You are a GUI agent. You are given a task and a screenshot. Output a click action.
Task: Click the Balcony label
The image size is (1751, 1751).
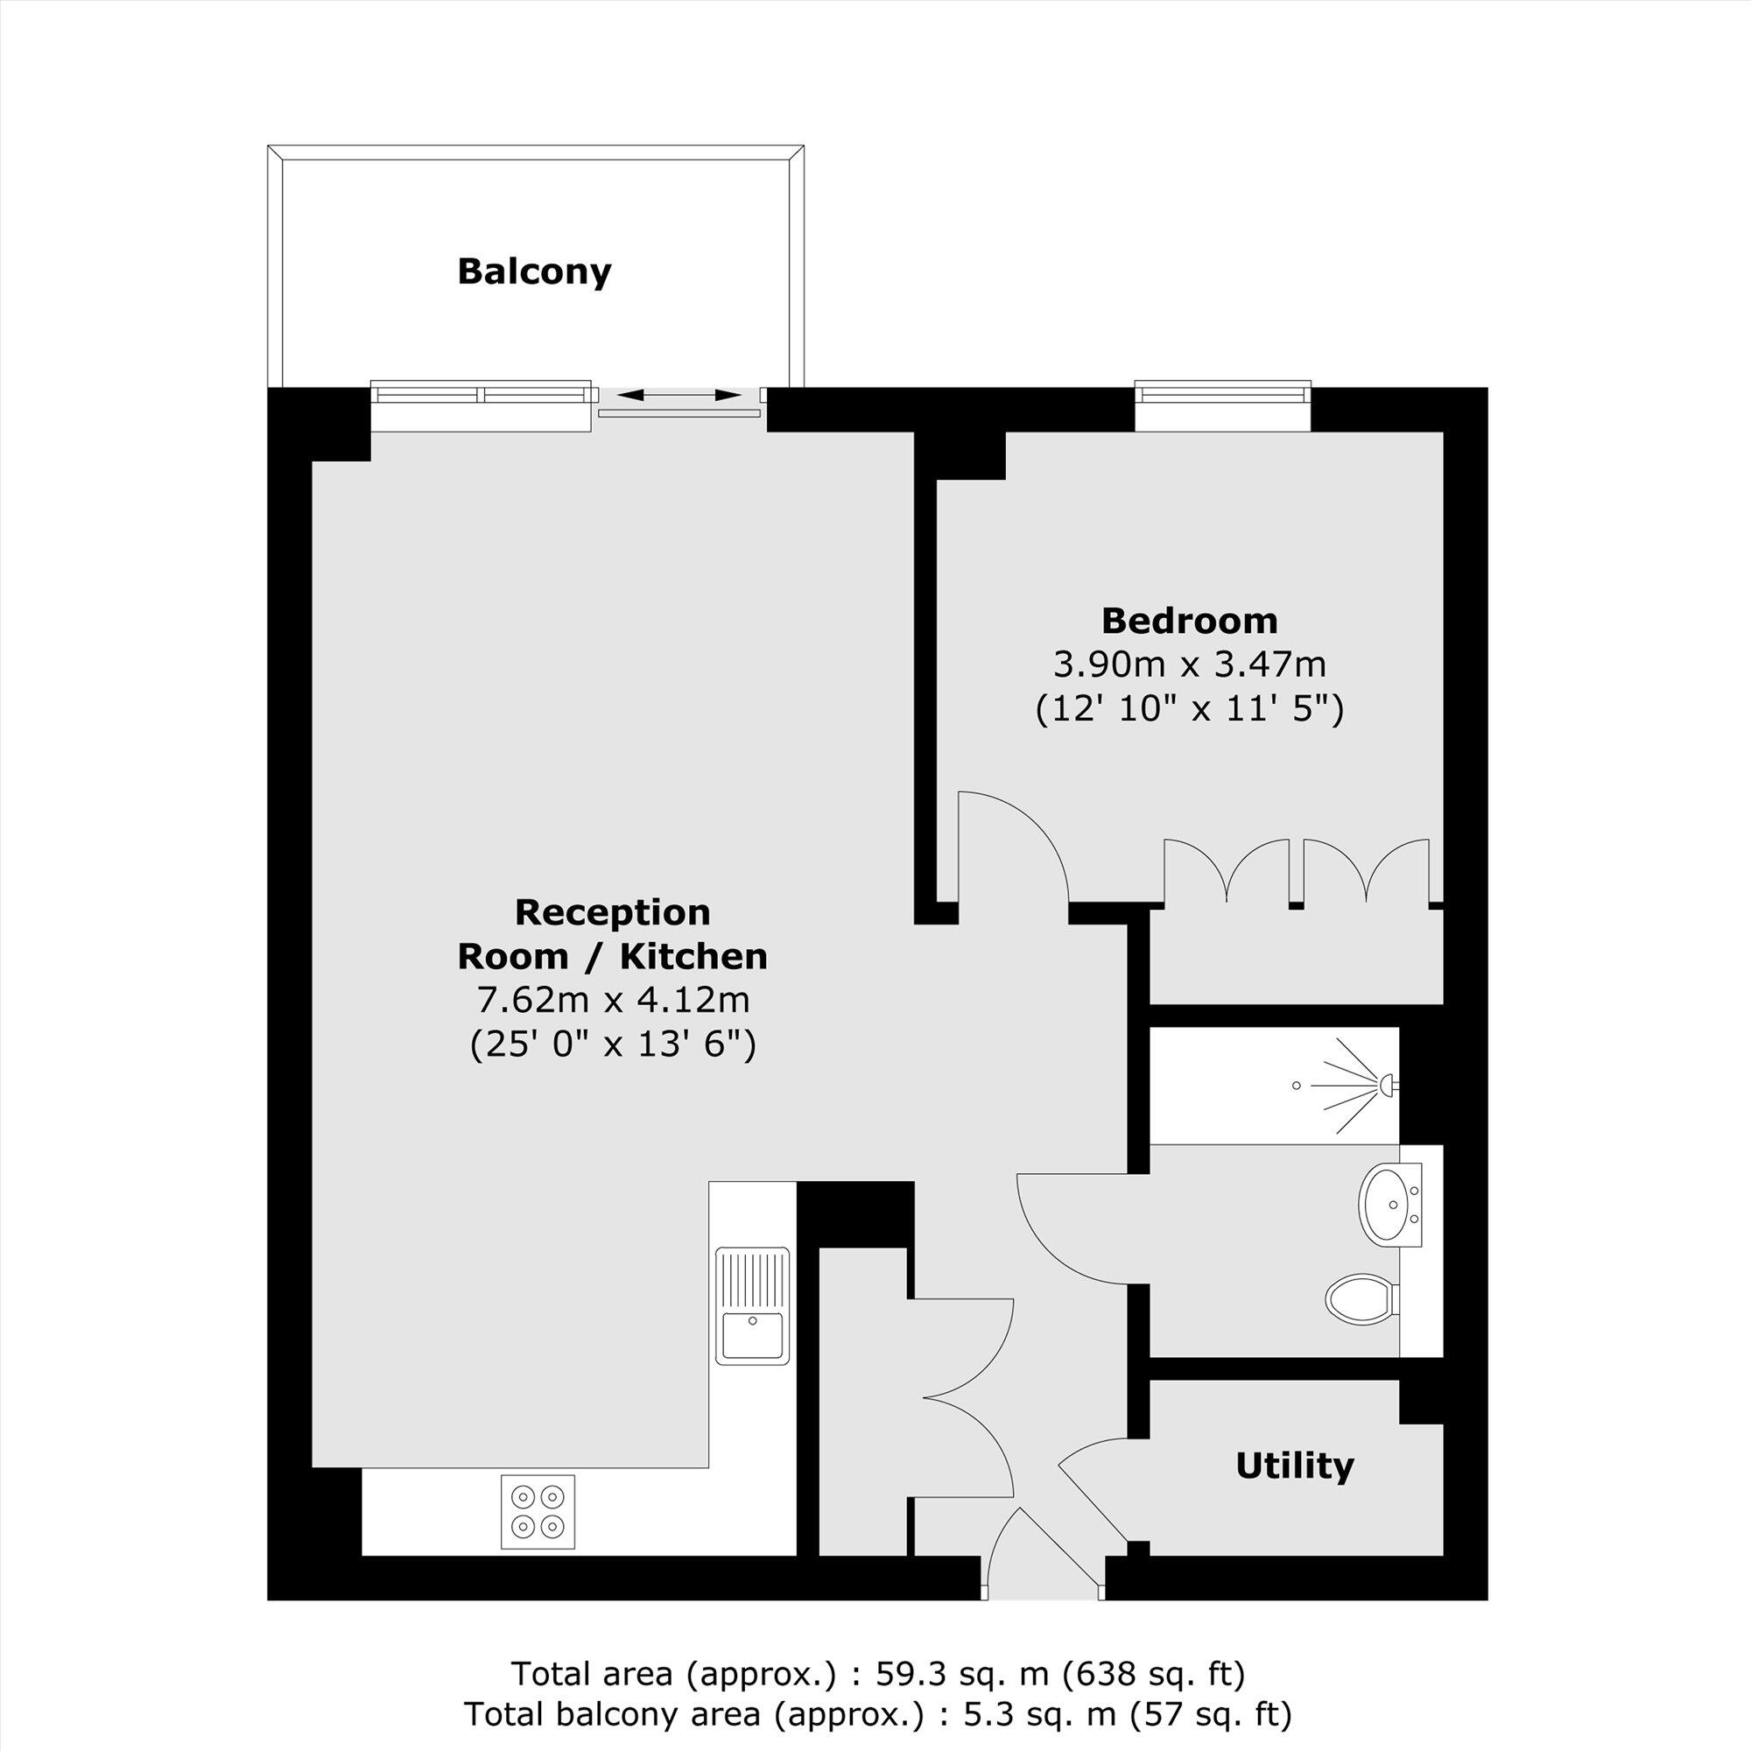tap(534, 272)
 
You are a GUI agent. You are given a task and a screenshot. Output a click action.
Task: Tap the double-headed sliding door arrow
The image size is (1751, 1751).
tap(679, 395)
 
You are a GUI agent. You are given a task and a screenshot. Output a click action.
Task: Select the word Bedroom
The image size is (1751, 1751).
tap(1189, 622)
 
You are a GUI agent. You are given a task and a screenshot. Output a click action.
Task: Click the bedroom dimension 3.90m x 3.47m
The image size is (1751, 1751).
tap(1189, 665)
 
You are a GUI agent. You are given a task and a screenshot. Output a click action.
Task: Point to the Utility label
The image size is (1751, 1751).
tap(1294, 1465)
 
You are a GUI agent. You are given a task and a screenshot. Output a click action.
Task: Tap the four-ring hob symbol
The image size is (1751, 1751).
tap(538, 1524)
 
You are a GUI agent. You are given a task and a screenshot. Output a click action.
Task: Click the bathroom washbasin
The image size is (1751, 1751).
tap(1386, 1204)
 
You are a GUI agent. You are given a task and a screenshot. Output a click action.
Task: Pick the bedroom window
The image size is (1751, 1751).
tap(1222, 393)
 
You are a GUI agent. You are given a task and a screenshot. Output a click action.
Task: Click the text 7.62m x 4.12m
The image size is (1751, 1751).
tap(613, 1001)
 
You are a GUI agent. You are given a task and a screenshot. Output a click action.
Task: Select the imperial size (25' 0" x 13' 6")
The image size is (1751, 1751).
tap(613, 1045)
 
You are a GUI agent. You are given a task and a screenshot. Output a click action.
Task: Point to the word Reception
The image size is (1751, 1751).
tap(613, 912)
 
